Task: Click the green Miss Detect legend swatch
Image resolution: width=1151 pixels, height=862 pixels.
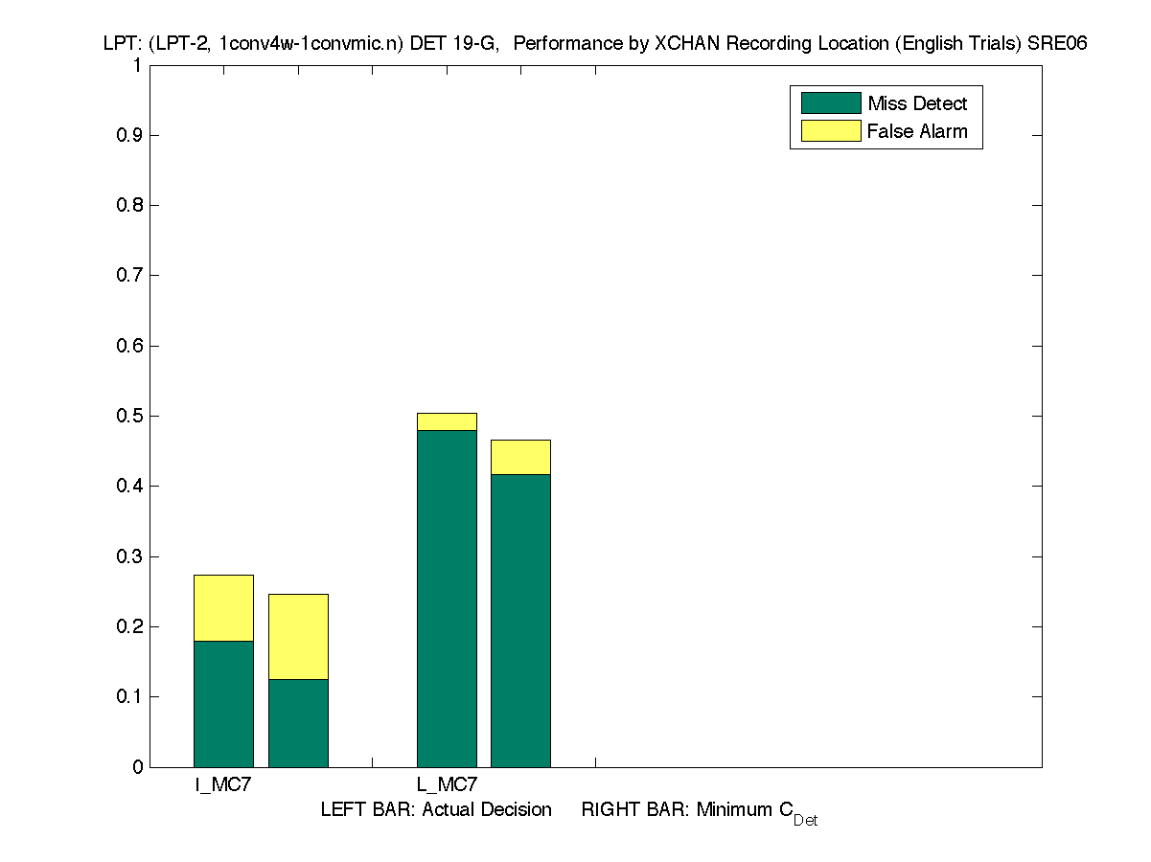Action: (830, 103)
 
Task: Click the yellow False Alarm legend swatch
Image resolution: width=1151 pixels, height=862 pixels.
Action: (830, 131)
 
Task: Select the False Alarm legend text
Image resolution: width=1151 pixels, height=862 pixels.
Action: (917, 131)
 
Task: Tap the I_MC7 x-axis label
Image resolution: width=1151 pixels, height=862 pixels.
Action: (223, 785)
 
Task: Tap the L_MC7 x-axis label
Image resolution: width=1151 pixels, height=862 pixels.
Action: (447, 785)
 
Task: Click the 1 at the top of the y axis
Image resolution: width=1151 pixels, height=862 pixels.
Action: (137, 66)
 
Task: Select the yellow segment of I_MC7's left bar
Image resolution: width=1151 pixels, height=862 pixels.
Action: (223, 608)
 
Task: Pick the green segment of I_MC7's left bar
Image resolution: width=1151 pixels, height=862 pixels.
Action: (223, 704)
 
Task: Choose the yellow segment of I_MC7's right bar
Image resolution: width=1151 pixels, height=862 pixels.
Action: (298, 637)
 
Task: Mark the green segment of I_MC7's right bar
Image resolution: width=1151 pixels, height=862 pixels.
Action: (298, 723)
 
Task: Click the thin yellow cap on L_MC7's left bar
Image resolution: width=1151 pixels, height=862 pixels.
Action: (447, 421)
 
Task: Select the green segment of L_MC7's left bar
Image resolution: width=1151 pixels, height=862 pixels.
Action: (447, 599)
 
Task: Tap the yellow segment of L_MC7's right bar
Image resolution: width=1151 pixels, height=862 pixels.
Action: (520, 457)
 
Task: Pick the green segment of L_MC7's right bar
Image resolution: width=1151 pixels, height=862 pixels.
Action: (520, 621)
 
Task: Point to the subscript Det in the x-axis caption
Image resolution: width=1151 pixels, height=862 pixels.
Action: (805, 821)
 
